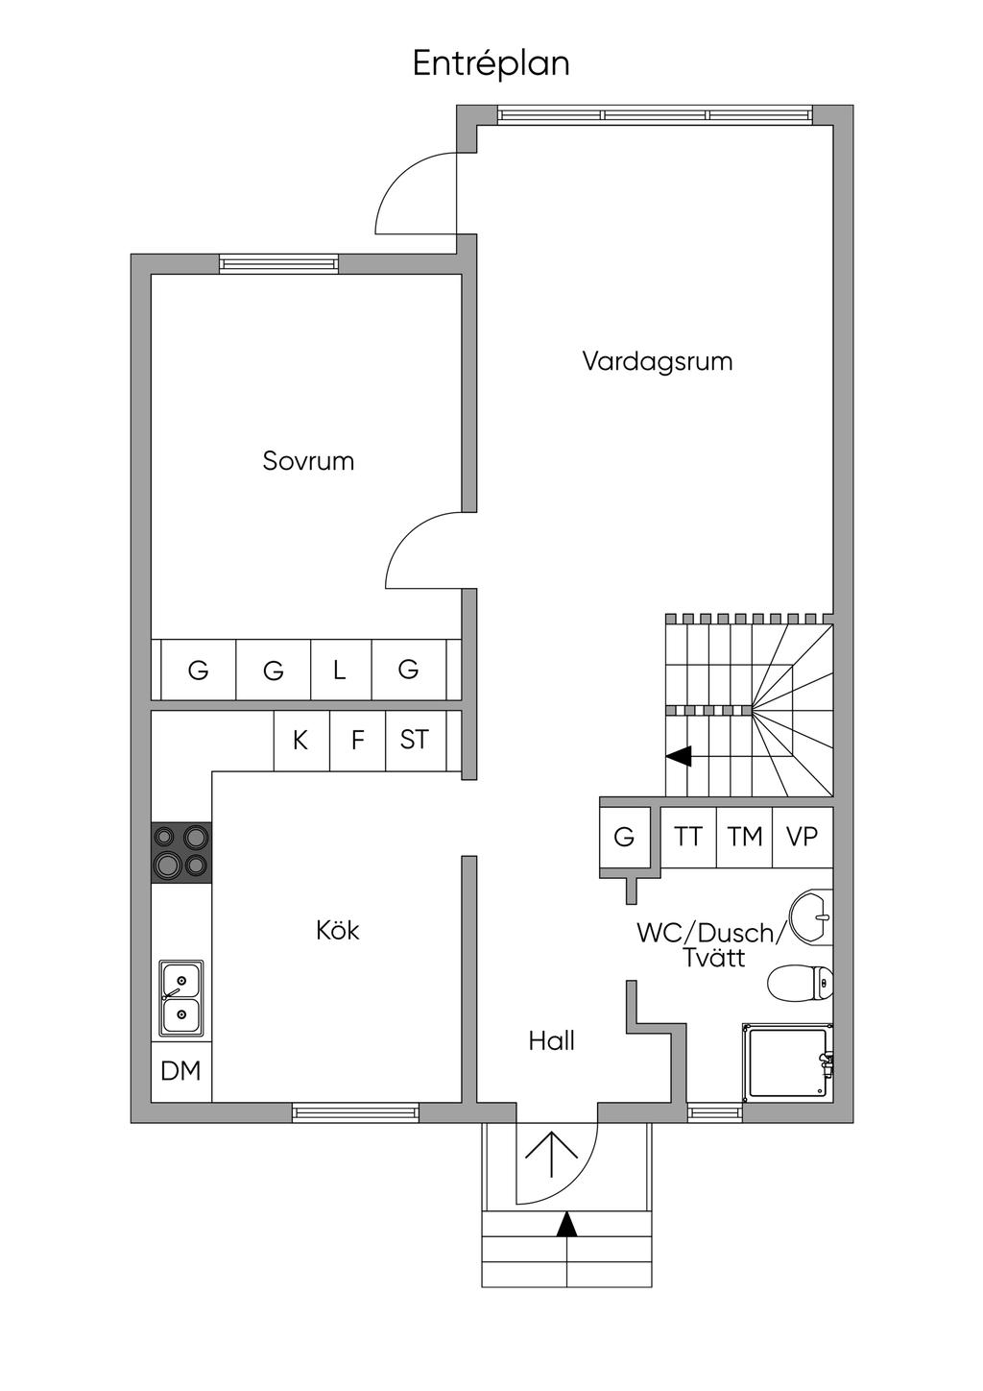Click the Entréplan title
coord(491,63)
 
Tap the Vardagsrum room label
coord(658,362)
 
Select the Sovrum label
coord(308,461)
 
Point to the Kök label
coord(338,930)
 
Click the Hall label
coord(551,1040)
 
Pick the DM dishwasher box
coord(181,1070)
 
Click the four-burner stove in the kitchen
coord(181,851)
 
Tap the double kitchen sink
coord(181,998)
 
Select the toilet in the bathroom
coord(800,983)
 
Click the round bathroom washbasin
coord(812,916)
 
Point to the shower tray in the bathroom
coord(787,1062)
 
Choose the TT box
coord(688,837)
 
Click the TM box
coord(745,837)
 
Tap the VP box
coord(802,837)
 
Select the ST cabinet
coord(415,741)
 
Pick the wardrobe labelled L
coord(340,670)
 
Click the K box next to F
coord(300,741)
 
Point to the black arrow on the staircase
coord(680,756)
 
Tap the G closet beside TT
coord(624,837)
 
